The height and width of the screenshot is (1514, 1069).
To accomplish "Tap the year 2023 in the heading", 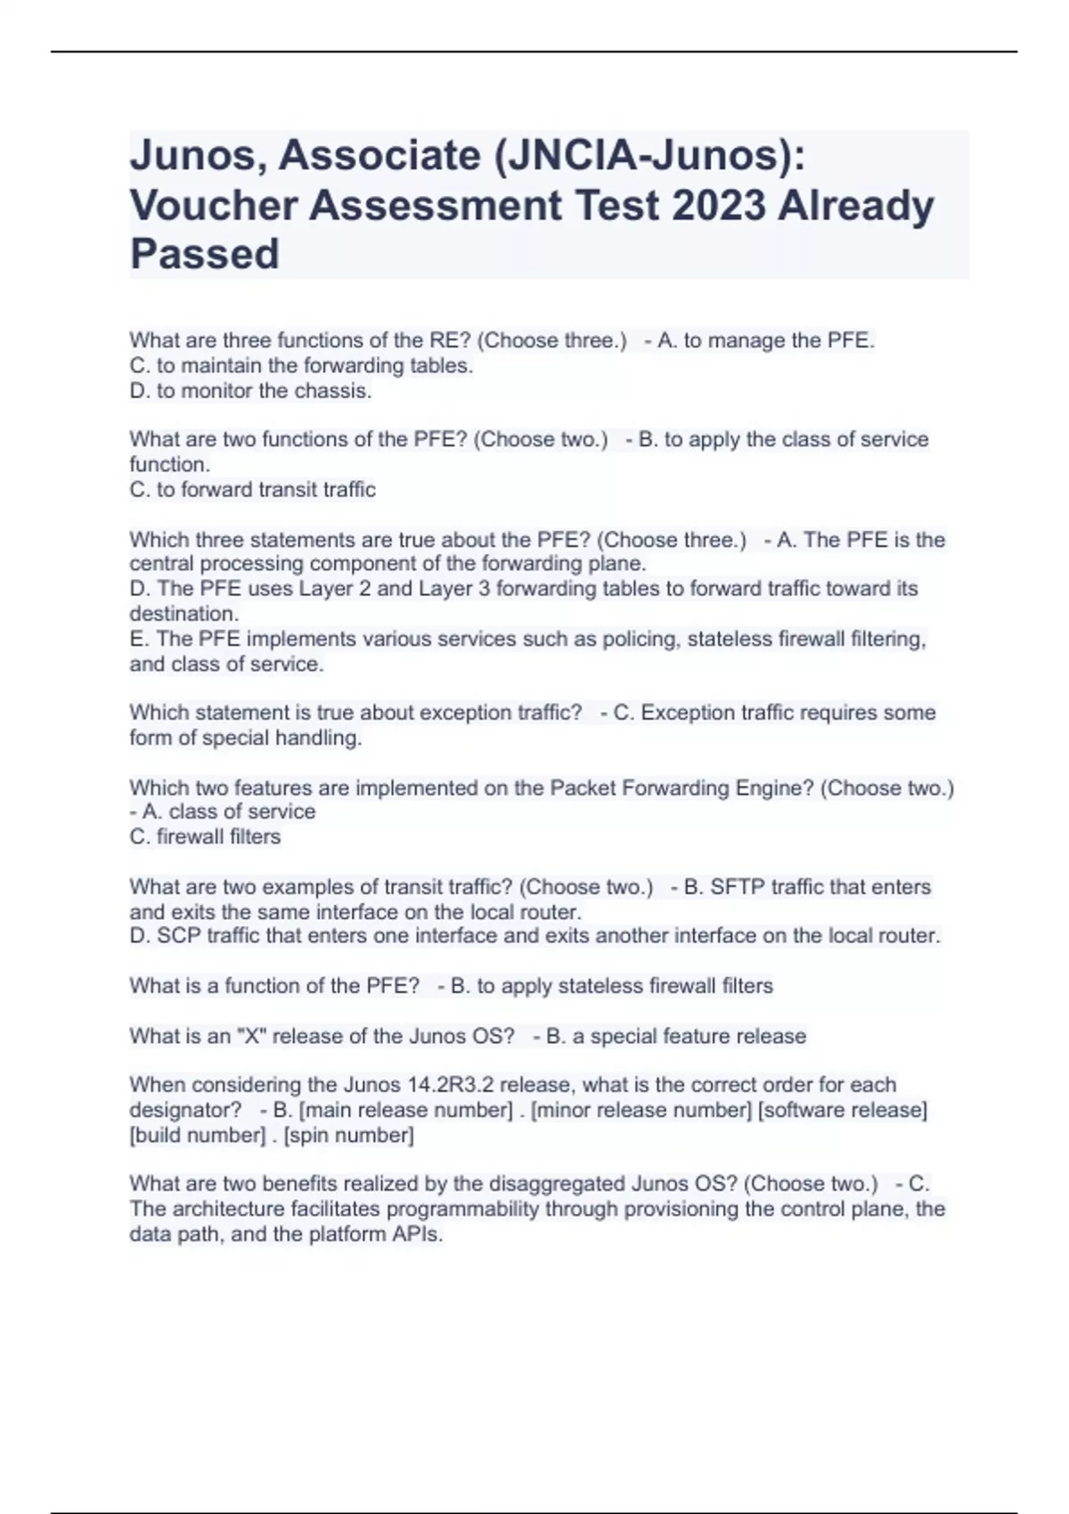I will pyautogui.click(x=719, y=205).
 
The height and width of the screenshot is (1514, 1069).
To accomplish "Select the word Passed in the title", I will pyautogui.click(x=205, y=254).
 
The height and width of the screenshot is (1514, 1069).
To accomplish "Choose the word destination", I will pyautogui.click(x=183, y=615).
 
